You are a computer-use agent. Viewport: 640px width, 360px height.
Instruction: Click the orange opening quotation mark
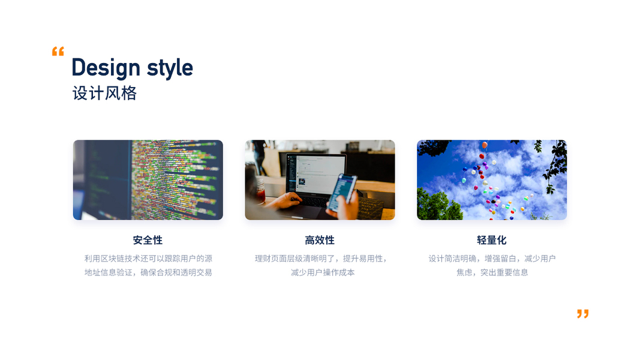pos(58,52)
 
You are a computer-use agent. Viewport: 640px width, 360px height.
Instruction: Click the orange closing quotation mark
pos(583,313)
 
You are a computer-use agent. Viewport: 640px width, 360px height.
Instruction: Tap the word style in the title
pos(170,68)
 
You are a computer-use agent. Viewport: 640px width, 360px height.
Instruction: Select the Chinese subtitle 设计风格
pos(104,94)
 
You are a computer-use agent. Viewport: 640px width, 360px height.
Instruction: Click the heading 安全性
pos(148,240)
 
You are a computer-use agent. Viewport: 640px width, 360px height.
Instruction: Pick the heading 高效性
pos(320,240)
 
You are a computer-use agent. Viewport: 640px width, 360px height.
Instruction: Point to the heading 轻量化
pos(491,240)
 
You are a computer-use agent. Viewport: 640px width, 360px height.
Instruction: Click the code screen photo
pos(148,180)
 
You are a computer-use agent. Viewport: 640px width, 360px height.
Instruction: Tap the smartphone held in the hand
pos(342,192)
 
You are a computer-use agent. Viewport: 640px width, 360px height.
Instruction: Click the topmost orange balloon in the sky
pos(485,145)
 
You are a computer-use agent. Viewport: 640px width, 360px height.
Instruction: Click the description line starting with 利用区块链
pos(148,259)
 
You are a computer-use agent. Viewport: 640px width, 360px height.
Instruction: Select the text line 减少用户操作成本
pos(323,272)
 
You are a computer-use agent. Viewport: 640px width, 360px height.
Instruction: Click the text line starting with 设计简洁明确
pos(492,259)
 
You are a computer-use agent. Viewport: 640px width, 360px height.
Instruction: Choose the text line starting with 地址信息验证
pos(148,272)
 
